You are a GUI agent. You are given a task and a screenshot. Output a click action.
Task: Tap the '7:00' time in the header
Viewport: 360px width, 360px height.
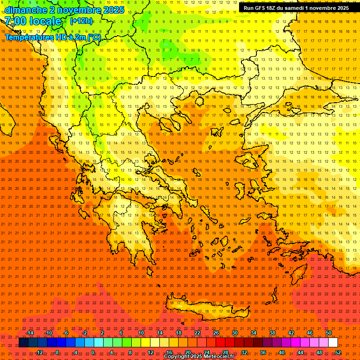click(x=15, y=21)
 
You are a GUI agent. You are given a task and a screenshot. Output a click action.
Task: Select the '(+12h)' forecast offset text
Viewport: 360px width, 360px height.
click(x=81, y=21)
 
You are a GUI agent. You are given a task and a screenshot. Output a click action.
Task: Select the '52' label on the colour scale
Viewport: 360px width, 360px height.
click(x=337, y=352)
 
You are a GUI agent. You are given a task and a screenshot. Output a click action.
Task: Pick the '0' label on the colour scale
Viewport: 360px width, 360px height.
click(x=93, y=352)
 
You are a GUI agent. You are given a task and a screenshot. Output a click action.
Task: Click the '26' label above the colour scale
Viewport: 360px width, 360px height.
click(x=216, y=333)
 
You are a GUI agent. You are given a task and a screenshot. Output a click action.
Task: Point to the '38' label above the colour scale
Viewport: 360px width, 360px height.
click(x=272, y=333)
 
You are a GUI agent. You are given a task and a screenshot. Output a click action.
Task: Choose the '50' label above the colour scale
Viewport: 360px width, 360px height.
click(x=328, y=333)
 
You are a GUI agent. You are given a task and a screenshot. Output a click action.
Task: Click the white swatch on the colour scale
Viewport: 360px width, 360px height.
click(x=333, y=343)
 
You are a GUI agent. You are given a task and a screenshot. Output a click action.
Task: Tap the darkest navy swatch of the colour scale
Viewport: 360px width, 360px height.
click(x=23, y=343)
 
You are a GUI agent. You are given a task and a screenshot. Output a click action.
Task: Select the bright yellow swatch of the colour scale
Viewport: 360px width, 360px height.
click(x=145, y=343)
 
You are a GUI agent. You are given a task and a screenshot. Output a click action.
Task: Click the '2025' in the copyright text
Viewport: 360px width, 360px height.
click(x=195, y=357)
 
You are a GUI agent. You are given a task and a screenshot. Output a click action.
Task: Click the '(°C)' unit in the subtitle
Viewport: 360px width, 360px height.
click(x=93, y=37)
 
